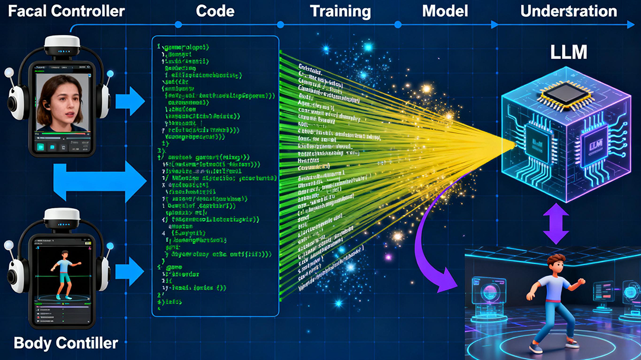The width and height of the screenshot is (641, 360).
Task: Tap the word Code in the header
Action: click(x=215, y=11)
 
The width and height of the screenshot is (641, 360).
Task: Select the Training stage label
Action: click(x=341, y=11)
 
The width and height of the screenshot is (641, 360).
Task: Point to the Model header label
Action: click(x=445, y=11)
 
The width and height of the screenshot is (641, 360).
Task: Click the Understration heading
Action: click(x=569, y=11)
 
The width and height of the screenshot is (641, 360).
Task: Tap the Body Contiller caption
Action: click(x=66, y=342)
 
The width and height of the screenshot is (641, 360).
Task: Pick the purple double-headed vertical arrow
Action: click(x=556, y=224)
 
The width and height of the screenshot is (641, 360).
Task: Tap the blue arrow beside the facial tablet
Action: click(x=129, y=102)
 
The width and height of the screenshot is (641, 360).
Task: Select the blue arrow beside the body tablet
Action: click(x=129, y=272)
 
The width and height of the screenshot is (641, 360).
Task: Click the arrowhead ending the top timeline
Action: click(x=630, y=25)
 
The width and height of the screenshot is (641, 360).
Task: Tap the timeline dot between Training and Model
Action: click(x=398, y=25)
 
